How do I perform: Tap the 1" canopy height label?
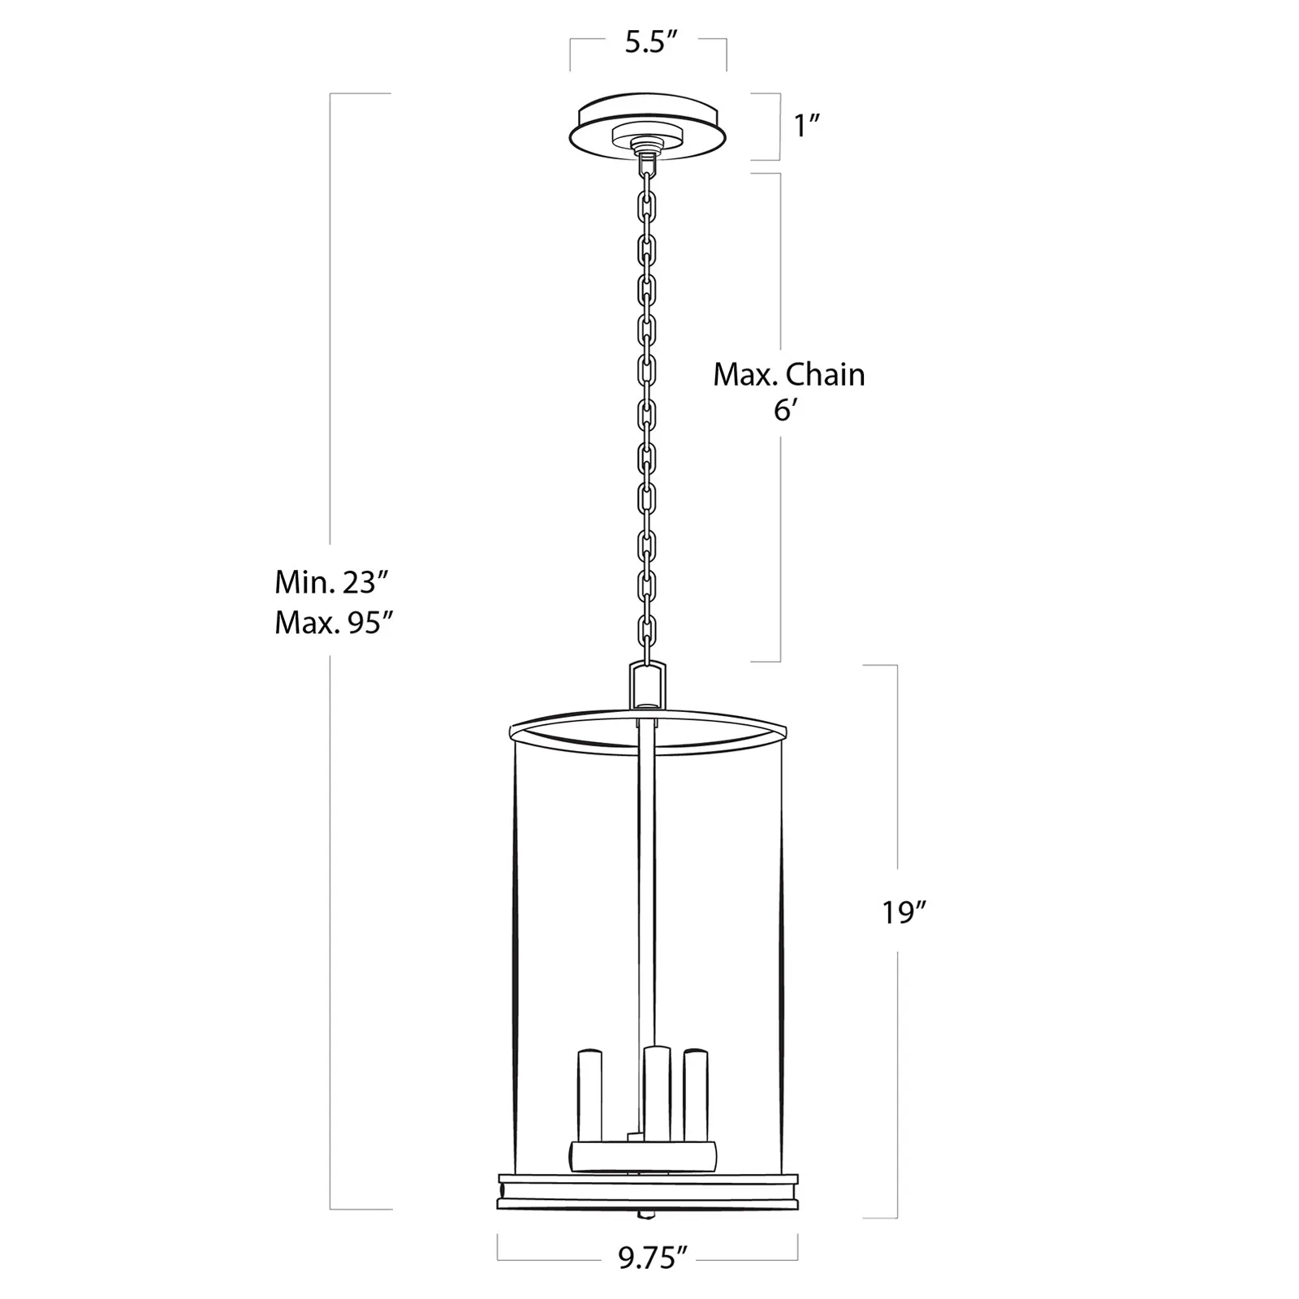click(x=807, y=126)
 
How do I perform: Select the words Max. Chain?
click(x=788, y=374)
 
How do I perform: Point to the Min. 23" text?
click(x=333, y=582)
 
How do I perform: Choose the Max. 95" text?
click(x=334, y=623)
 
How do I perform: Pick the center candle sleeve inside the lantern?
click(x=657, y=1092)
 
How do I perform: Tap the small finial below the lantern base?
click(x=647, y=1215)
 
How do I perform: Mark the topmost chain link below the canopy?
click(x=647, y=167)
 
